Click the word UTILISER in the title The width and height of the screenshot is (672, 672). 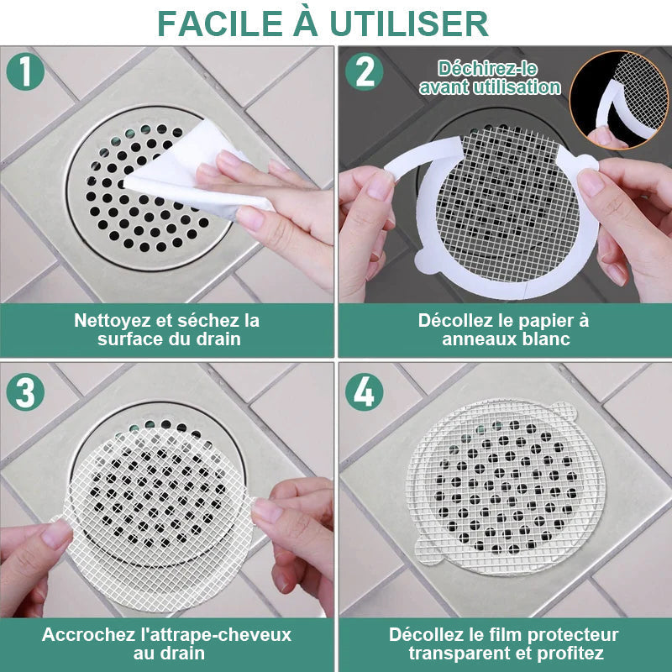pos(421,24)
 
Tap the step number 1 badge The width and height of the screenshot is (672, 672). pos(25,71)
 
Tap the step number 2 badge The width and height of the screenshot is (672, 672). pos(365,71)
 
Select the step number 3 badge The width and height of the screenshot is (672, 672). pos(25,392)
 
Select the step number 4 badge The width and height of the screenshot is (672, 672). pos(365,392)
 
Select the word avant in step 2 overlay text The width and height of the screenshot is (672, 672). pos(446,87)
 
